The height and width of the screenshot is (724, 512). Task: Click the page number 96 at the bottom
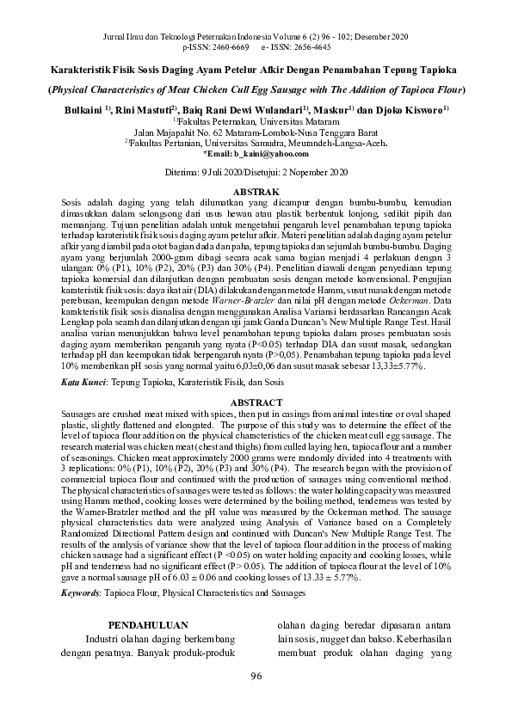tap(256, 677)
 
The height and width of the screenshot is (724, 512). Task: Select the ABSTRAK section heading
tap(256, 190)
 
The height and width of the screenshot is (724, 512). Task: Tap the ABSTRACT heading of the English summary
tap(256, 402)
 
